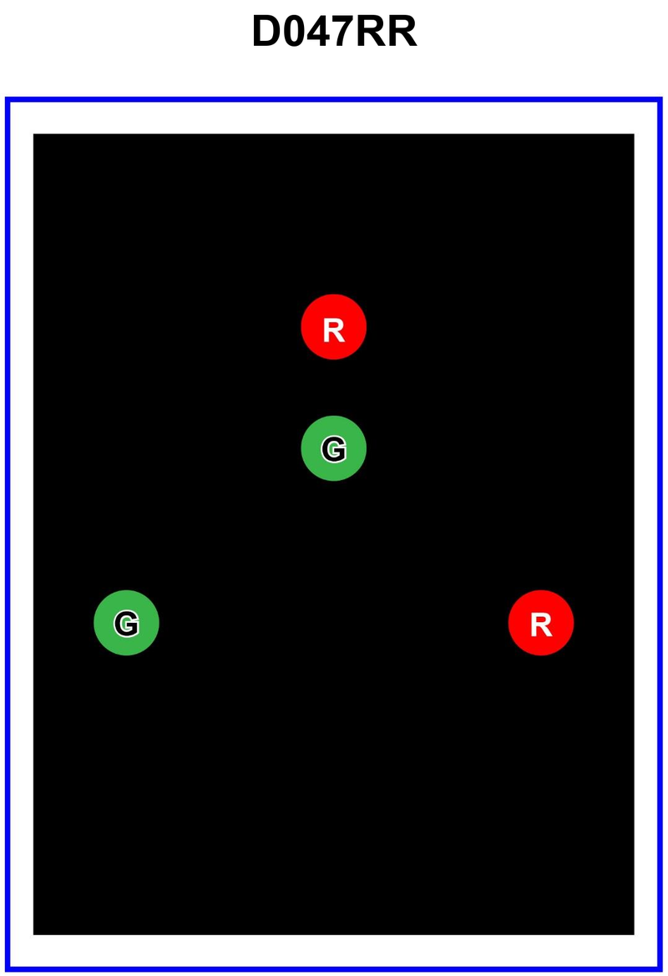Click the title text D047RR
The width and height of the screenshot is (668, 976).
(334, 31)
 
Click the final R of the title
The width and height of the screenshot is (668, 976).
(402, 31)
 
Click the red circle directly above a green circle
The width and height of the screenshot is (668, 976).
(334, 326)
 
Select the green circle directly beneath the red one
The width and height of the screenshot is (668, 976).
(334, 448)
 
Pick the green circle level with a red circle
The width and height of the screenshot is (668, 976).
(126, 623)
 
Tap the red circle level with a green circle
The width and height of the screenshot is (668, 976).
(541, 623)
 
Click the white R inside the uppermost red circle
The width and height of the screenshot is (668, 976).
(334, 331)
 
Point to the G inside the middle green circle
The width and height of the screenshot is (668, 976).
(334, 449)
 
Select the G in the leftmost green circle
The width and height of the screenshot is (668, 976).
(126, 623)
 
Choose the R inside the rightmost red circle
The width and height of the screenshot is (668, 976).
(541, 625)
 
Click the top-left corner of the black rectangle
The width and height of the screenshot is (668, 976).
(33, 134)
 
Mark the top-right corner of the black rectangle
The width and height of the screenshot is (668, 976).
(635, 134)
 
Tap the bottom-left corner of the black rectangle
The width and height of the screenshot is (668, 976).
(33, 935)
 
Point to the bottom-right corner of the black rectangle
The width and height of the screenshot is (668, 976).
(635, 935)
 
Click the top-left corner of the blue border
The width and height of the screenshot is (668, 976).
(6, 99)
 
